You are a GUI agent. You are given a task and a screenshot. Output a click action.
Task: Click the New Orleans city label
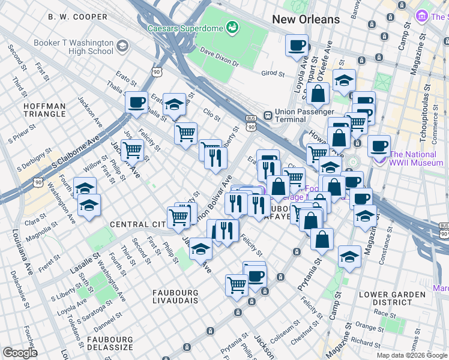[306, 20]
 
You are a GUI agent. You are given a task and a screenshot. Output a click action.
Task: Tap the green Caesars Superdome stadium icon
[231, 27]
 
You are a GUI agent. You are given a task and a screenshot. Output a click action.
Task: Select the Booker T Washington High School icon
[122, 46]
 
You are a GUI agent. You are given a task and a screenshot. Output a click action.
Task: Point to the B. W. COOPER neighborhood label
[78, 17]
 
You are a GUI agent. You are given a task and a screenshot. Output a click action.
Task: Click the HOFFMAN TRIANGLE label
[44, 110]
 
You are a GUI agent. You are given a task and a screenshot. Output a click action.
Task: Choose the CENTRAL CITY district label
[137, 224]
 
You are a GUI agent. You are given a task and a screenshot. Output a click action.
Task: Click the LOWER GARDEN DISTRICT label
[385, 298]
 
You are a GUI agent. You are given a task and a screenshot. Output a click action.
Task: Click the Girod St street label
[273, 73]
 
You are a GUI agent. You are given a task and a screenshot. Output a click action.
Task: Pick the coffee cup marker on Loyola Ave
[296, 46]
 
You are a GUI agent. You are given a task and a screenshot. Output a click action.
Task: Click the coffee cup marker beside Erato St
[136, 102]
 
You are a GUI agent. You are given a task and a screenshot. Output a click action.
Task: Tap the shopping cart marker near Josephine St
[132, 150]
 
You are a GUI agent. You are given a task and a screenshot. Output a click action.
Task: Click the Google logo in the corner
[20, 353]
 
